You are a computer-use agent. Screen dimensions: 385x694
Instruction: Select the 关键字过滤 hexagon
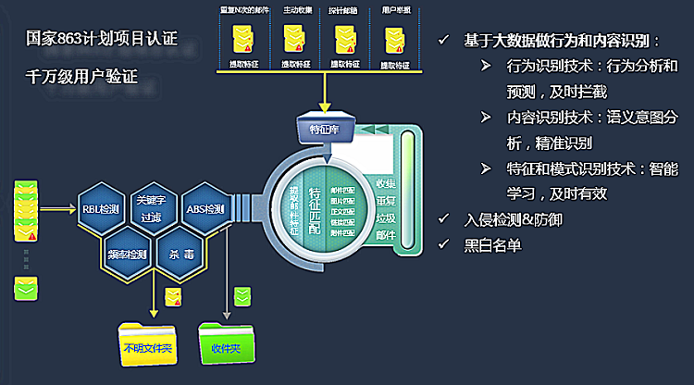(x=152, y=208)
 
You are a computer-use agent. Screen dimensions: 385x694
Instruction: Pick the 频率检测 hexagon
(x=127, y=253)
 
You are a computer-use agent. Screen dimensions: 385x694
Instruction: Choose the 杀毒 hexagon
(x=177, y=253)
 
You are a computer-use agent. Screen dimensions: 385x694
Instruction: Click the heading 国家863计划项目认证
(x=103, y=41)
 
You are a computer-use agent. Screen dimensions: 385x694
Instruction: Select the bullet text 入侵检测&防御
(x=513, y=220)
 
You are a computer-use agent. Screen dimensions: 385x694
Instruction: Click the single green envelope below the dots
(x=25, y=290)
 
